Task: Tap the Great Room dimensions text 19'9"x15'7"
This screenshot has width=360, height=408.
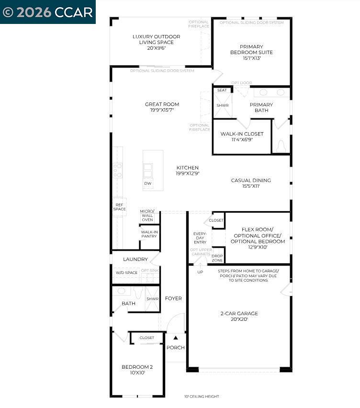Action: pos(162,110)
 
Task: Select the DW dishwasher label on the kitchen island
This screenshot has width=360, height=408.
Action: pos(148,183)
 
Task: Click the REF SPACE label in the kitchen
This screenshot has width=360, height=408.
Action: pos(119,207)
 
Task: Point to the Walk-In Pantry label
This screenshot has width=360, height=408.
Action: pos(149,234)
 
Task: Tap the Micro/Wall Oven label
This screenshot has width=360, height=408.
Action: pos(147,215)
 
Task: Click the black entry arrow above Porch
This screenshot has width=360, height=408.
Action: pos(175,338)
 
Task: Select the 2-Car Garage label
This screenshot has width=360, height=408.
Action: pos(239,314)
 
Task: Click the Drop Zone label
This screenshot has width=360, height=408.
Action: pos(217,258)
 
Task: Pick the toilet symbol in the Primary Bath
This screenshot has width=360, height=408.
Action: pos(281,146)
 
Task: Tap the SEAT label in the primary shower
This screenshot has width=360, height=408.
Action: pos(222,90)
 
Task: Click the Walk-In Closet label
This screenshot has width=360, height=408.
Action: pos(242,134)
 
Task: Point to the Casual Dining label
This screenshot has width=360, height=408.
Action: pos(251,181)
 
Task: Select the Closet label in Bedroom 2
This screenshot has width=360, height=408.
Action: pos(147,338)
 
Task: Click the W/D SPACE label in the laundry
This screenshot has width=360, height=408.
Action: pos(126,272)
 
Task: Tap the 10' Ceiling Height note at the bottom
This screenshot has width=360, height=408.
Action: pos(202,397)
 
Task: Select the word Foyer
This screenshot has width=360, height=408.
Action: pos(173,298)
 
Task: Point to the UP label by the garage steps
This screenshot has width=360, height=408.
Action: pos(200,272)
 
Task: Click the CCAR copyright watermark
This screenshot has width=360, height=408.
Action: pos(47,12)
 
